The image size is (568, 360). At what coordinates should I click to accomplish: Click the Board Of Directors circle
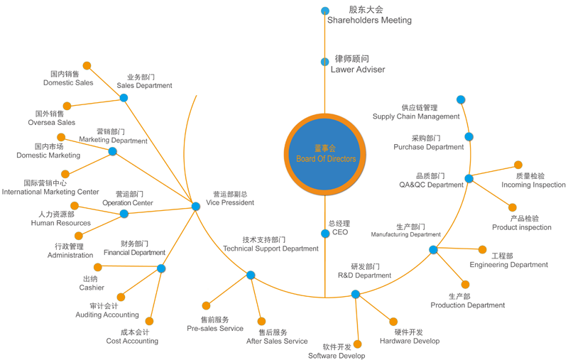[x=325, y=155]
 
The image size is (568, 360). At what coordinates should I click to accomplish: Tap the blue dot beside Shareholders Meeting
[x=325, y=11]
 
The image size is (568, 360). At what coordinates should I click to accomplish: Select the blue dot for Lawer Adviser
[x=325, y=62]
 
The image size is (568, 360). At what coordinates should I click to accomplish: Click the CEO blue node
[x=325, y=234]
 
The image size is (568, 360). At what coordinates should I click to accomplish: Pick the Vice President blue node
[x=196, y=207]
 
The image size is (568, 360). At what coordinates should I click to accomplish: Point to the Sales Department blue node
[x=124, y=98]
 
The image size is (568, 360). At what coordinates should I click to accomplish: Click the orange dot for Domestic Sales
[x=87, y=65]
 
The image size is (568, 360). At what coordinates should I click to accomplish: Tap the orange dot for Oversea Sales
[x=67, y=106]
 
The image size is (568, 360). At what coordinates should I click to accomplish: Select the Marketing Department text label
[x=113, y=140]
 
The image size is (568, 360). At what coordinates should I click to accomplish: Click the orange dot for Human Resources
[x=75, y=206]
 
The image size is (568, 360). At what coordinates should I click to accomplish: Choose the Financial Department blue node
[x=161, y=268]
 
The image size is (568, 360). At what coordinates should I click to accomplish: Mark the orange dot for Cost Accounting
[x=149, y=321]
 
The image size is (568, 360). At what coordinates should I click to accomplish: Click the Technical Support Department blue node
[x=251, y=276]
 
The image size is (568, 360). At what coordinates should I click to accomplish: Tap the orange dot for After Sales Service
[x=261, y=321]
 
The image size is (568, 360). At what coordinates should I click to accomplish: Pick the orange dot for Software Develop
[x=358, y=344]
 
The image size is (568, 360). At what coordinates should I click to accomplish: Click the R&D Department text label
[x=364, y=276]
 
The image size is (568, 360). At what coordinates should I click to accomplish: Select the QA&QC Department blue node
[x=469, y=178]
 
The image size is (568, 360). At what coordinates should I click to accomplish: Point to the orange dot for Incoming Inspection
[x=518, y=165]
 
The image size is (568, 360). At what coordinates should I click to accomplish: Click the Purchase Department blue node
[x=469, y=137]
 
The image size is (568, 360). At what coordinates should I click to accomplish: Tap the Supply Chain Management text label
[x=416, y=116]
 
